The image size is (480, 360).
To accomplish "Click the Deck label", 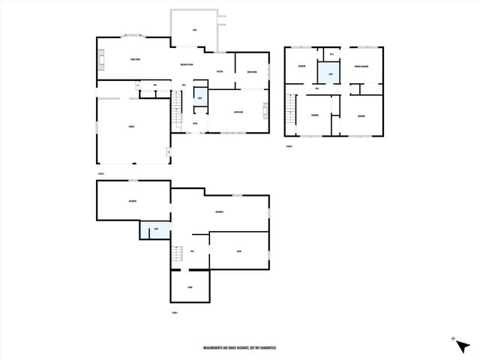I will pos(193,30).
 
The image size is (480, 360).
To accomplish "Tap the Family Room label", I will pos(135,59).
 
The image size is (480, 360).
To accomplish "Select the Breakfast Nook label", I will pos(187,64).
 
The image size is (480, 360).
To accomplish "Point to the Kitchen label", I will pos(220,72).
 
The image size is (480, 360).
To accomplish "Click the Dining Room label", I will pos(252,72).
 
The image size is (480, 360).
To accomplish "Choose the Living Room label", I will pos(238,112).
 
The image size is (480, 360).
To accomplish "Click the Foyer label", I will pos(195,123).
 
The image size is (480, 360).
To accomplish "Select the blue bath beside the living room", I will pos(199,98).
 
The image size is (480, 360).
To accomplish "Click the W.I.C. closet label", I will pos(331,54).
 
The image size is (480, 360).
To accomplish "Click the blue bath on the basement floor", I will pos(155,229).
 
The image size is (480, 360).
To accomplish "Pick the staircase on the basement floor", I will pos(177,254).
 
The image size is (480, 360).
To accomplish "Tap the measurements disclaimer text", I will pos(240,348).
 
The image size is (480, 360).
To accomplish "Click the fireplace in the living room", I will pos(265,115).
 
